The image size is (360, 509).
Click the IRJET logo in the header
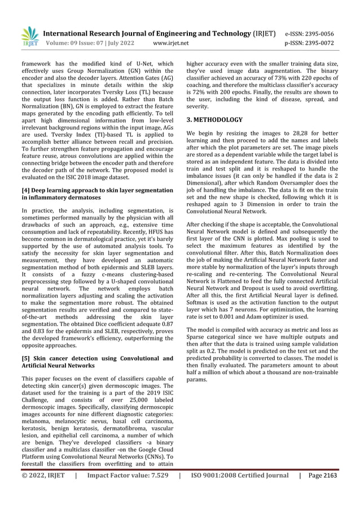(x=30, y=36)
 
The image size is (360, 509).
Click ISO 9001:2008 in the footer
(x=213, y=491)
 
